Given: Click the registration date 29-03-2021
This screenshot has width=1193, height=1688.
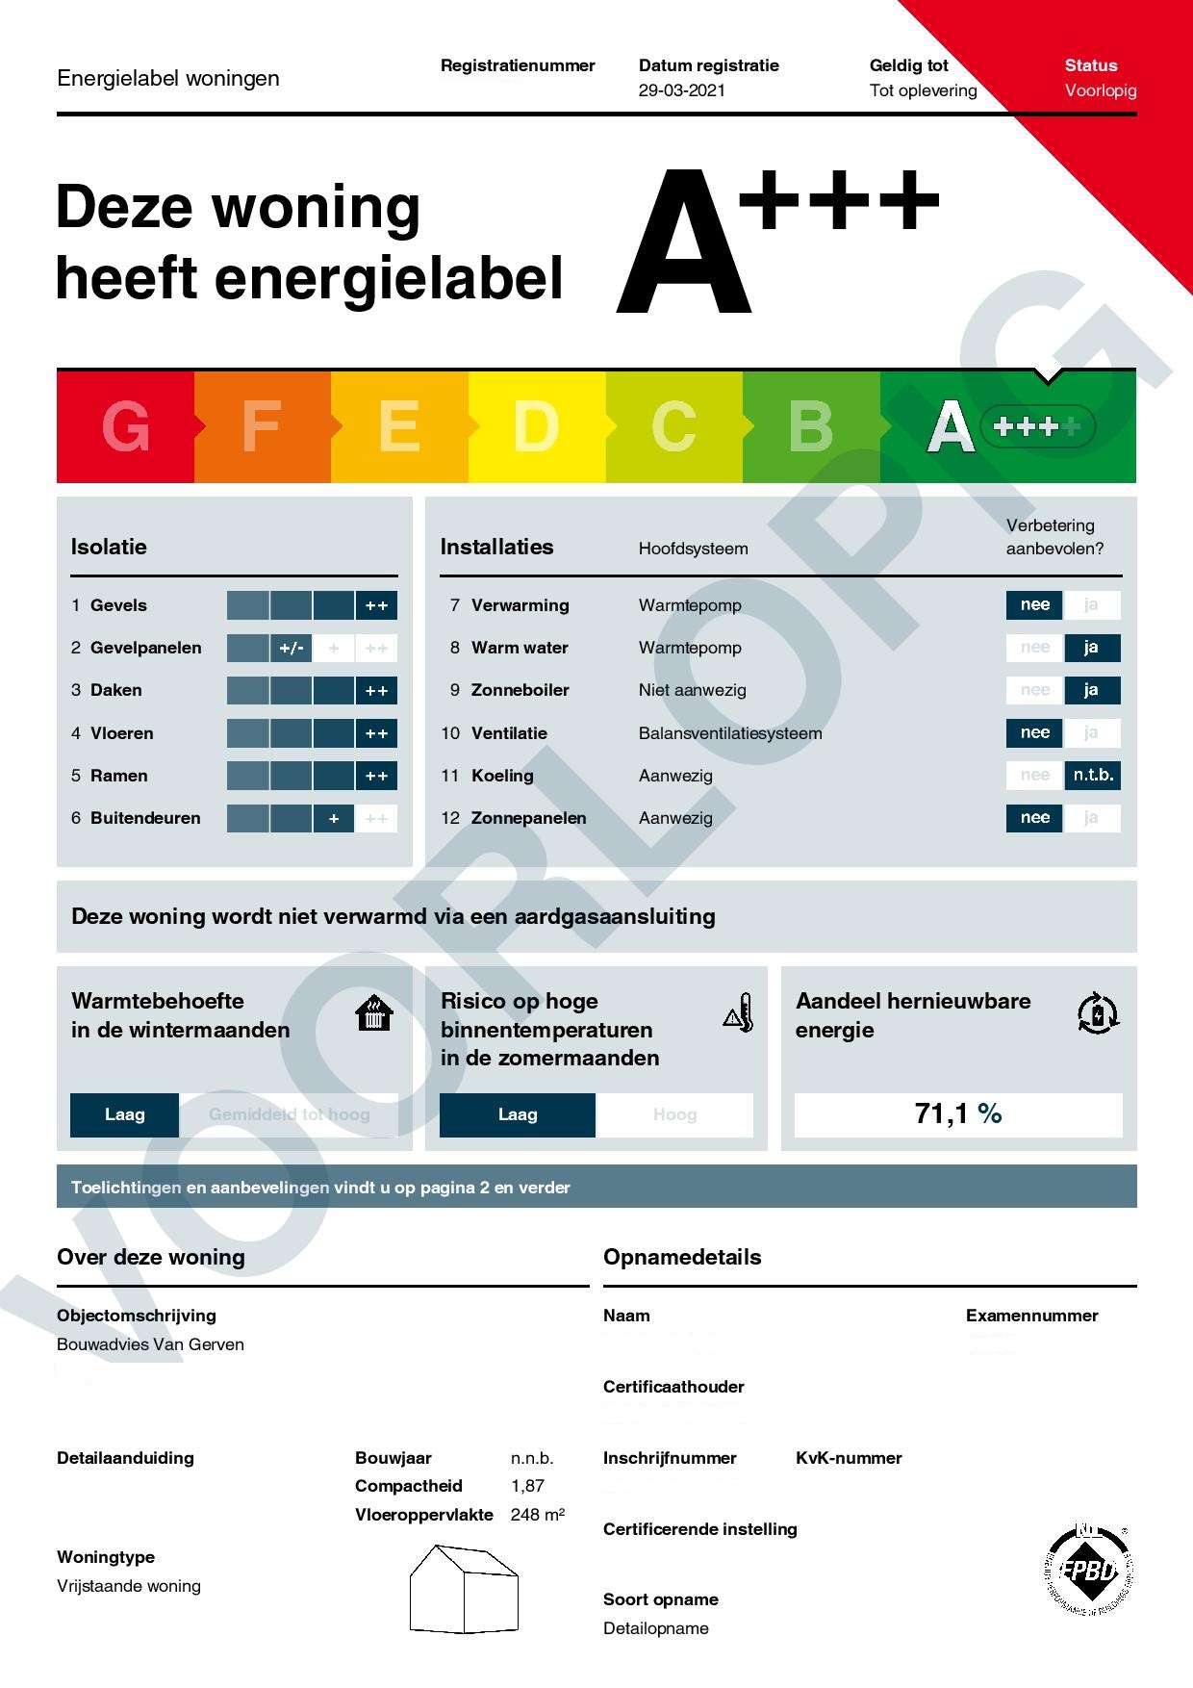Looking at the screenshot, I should (681, 90).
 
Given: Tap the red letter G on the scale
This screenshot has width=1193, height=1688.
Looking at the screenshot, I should (126, 426).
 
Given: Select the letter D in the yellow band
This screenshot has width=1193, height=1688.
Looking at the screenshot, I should (536, 426).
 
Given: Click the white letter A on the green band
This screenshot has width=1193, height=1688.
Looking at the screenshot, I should (949, 427).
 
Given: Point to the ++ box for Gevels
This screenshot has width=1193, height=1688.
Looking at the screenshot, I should (376, 605).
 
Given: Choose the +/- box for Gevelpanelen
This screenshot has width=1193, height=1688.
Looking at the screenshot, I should (291, 649).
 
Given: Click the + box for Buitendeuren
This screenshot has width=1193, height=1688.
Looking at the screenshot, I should (334, 819).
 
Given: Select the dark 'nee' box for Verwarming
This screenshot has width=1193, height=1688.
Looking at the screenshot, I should (1034, 605).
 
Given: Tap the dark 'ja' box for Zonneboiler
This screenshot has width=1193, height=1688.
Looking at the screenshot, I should (1091, 690).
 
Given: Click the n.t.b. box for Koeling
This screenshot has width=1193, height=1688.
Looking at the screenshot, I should (1092, 776).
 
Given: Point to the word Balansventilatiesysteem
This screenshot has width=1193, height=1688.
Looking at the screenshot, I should (730, 733).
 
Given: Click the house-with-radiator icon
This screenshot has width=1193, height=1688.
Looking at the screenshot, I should (374, 1013).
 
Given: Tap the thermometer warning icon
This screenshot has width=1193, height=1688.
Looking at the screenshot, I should (738, 1013).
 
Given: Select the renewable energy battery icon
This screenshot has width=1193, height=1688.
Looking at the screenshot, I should (1098, 1013).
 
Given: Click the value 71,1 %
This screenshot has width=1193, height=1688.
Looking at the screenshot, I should (958, 1114).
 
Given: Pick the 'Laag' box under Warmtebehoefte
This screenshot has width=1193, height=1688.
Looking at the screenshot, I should (124, 1115).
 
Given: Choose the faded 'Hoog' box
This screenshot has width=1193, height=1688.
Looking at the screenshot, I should (674, 1115).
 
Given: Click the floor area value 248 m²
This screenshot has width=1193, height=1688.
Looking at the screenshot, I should (537, 1515).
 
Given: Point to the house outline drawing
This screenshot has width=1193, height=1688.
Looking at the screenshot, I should (464, 1589).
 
